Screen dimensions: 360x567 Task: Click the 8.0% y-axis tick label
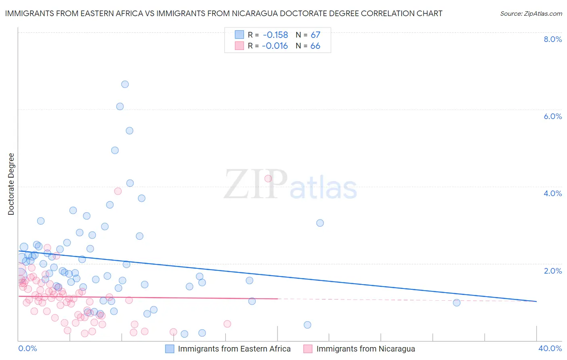pyautogui.click(x=552, y=39)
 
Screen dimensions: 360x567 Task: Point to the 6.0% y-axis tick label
pyautogui.click(x=552, y=116)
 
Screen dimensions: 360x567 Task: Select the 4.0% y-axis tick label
pyautogui.click(x=552, y=193)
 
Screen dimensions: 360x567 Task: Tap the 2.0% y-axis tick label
pyautogui.click(x=552, y=271)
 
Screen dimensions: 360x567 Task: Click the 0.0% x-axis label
pyautogui.click(x=27, y=348)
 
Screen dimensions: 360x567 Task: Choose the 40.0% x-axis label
pyautogui.click(x=550, y=348)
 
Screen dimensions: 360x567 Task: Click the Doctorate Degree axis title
pyautogui.click(x=11, y=184)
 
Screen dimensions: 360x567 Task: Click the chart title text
pyautogui.click(x=223, y=13)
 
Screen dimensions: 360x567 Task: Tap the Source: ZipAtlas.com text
pyautogui.click(x=531, y=13)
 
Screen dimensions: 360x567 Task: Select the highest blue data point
pyautogui.click(x=125, y=84)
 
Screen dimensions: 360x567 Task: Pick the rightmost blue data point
pyautogui.click(x=457, y=303)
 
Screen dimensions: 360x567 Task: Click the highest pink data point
pyautogui.click(x=268, y=179)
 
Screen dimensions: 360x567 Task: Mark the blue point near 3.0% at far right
pyautogui.click(x=320, y=223)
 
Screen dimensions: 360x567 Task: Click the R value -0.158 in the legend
pyautogui.click(x=275, y=35)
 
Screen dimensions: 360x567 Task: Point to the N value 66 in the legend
pyautogui.click(x=315, y=46)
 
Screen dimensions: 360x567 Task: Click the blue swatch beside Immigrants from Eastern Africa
pyautogui.click(x=170, y=349)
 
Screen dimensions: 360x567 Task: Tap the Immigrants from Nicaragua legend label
pyautogui.click(x=365, y=349)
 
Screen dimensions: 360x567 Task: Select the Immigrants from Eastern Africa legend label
pyautogui.click(x=234, y=349)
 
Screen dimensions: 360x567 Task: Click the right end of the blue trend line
pyautogui.click(x=536, y=301)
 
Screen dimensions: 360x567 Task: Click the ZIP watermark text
pyautogui.click(x=256, y=184)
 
